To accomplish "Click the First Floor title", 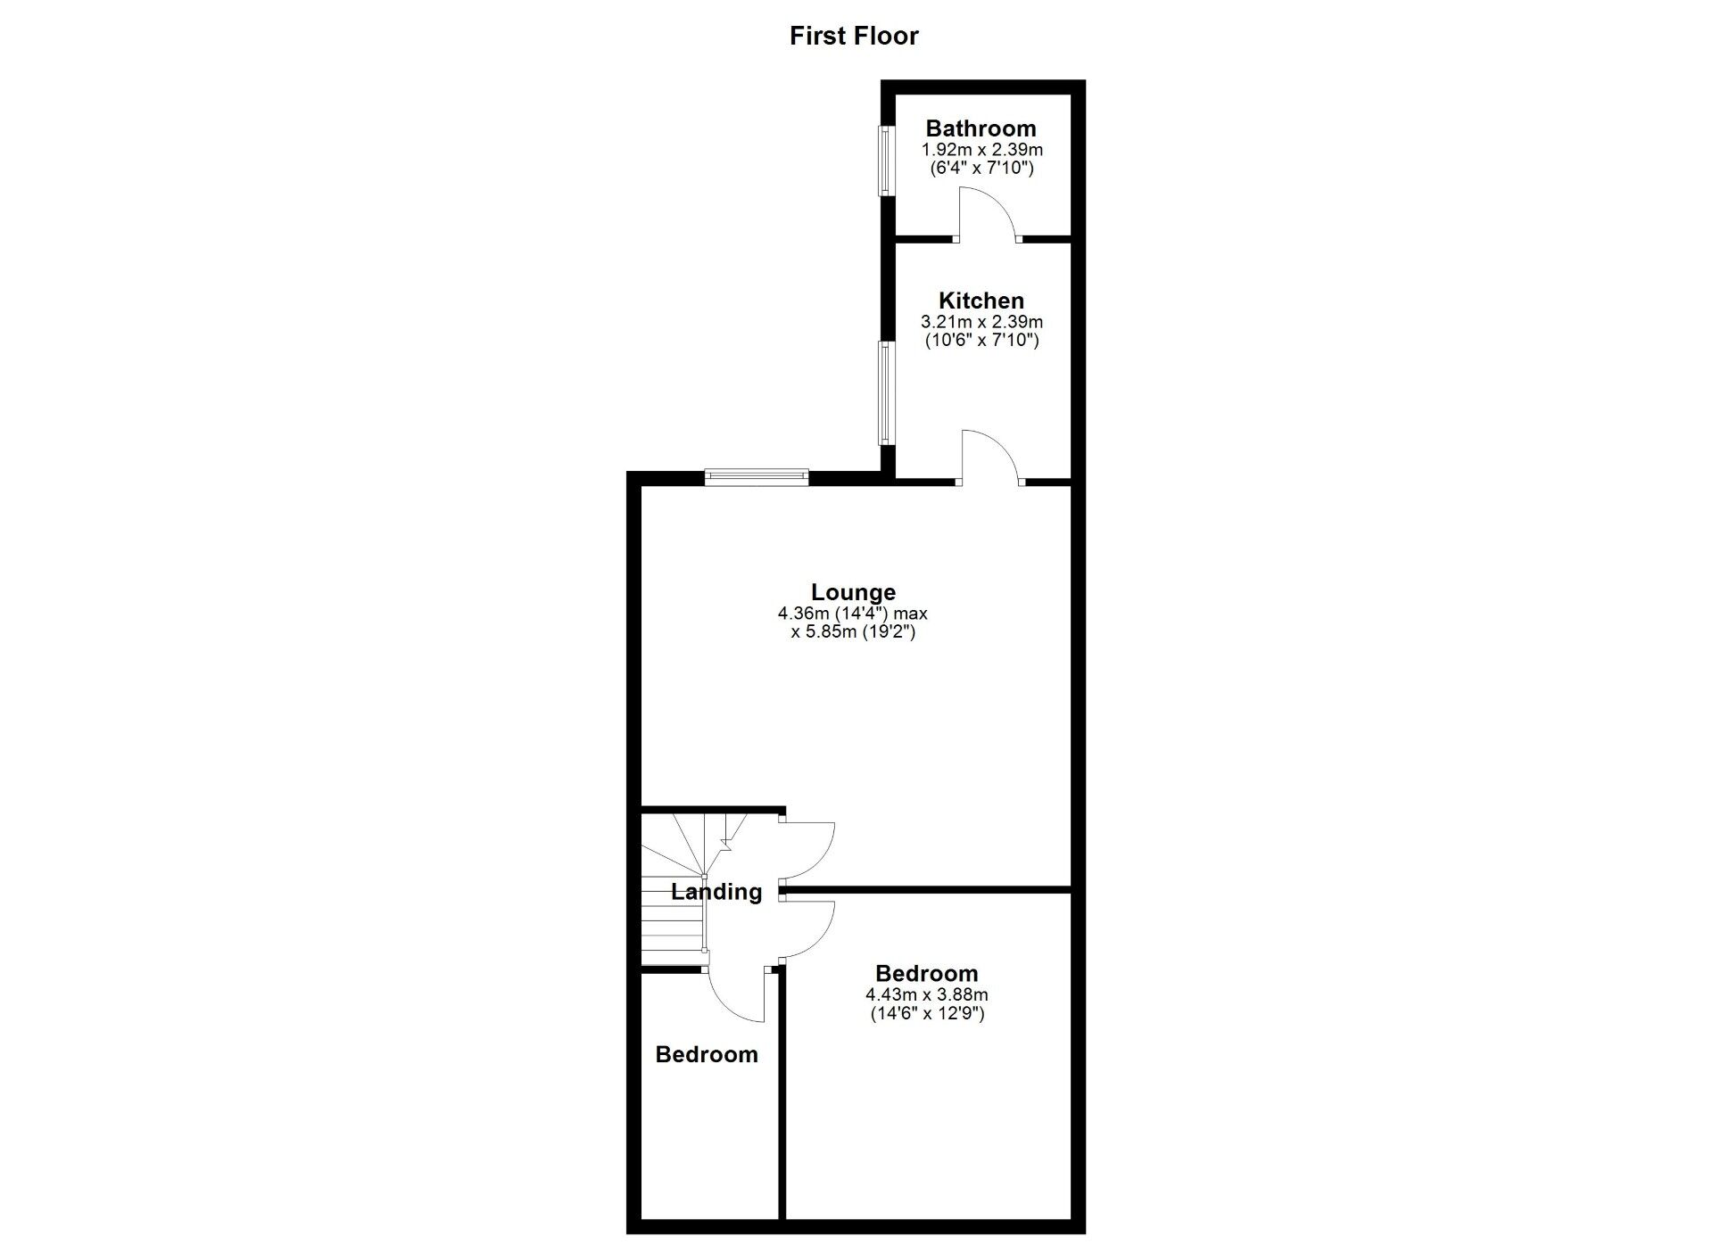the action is [x=854, y=36].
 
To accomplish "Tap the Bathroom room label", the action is [x=981, y=128].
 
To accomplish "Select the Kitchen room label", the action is [x=981, y=301].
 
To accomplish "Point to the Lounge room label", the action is [x=853, y=592].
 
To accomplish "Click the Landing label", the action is [x=716, y=892].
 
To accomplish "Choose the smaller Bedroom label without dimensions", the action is [x=707, y=1054].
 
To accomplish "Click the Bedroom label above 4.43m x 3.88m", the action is [x=926, y=973].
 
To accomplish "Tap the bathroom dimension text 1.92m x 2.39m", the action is [x=981, y=150].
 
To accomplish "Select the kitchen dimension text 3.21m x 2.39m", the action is [x=981, y=322].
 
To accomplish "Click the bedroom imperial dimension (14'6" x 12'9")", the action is [x=927, y=1013].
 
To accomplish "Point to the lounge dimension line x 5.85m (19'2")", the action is [x=853, y=632].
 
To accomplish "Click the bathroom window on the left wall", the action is [x=886, y=161].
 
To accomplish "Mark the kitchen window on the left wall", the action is [x=886, y=392].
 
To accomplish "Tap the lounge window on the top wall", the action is [x=757, y=478].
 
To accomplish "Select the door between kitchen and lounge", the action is [x=990, y=458].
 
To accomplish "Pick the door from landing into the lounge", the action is [x=807, y=852].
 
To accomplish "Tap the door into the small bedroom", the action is [x=737, y=994].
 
